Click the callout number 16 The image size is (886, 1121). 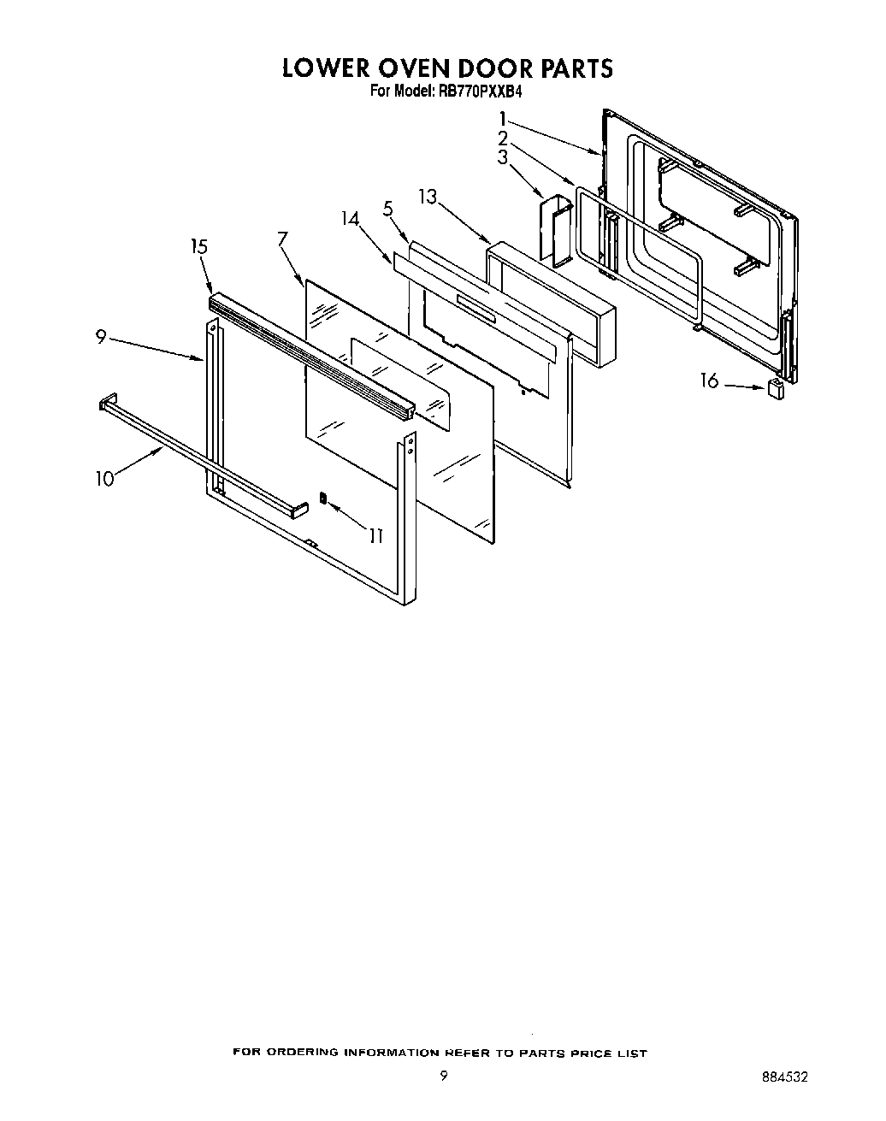[x=709, y=381]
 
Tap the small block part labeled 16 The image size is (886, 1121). [x=776, y=390]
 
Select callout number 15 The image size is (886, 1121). [x=198, y=247]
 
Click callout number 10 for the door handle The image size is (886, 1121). [x=104, y=479]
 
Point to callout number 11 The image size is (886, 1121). [x=375, y=536]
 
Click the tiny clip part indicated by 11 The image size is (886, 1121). [x=322, y=498]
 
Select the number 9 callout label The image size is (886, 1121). [x=100, y=338]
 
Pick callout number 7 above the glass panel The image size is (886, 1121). [x=282, y=239]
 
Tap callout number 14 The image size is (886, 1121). [x=349, y=218]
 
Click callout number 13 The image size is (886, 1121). [x=428, y=198]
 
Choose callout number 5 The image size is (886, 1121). [x=387, y=208]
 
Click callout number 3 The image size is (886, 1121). [x=503, y=157]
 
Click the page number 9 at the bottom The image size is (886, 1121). [x=443, y=1077]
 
